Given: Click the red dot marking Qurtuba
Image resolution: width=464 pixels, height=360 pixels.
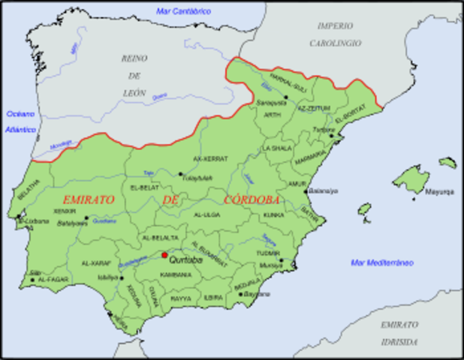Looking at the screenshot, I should point(164,255).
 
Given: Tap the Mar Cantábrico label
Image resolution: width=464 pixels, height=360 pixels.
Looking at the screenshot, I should point(183,11).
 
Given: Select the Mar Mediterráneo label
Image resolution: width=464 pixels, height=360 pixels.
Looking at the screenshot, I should point(382,262).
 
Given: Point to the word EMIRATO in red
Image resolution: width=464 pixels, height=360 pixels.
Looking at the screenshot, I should point(88,200).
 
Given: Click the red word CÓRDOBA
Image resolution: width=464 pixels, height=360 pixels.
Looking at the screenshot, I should point(252,200).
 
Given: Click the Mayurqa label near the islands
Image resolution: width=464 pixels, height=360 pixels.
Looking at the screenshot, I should point(440,191).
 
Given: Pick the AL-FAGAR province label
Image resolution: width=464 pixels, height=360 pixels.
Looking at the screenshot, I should point(50,280).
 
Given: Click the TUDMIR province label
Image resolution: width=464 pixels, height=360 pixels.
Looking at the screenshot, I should point(268,253).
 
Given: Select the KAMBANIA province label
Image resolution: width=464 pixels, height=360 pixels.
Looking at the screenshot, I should point(174,274).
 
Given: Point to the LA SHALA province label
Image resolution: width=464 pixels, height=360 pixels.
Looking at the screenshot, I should point(276,148).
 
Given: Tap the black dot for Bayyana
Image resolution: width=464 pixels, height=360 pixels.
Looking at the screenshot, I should point(241,294).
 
